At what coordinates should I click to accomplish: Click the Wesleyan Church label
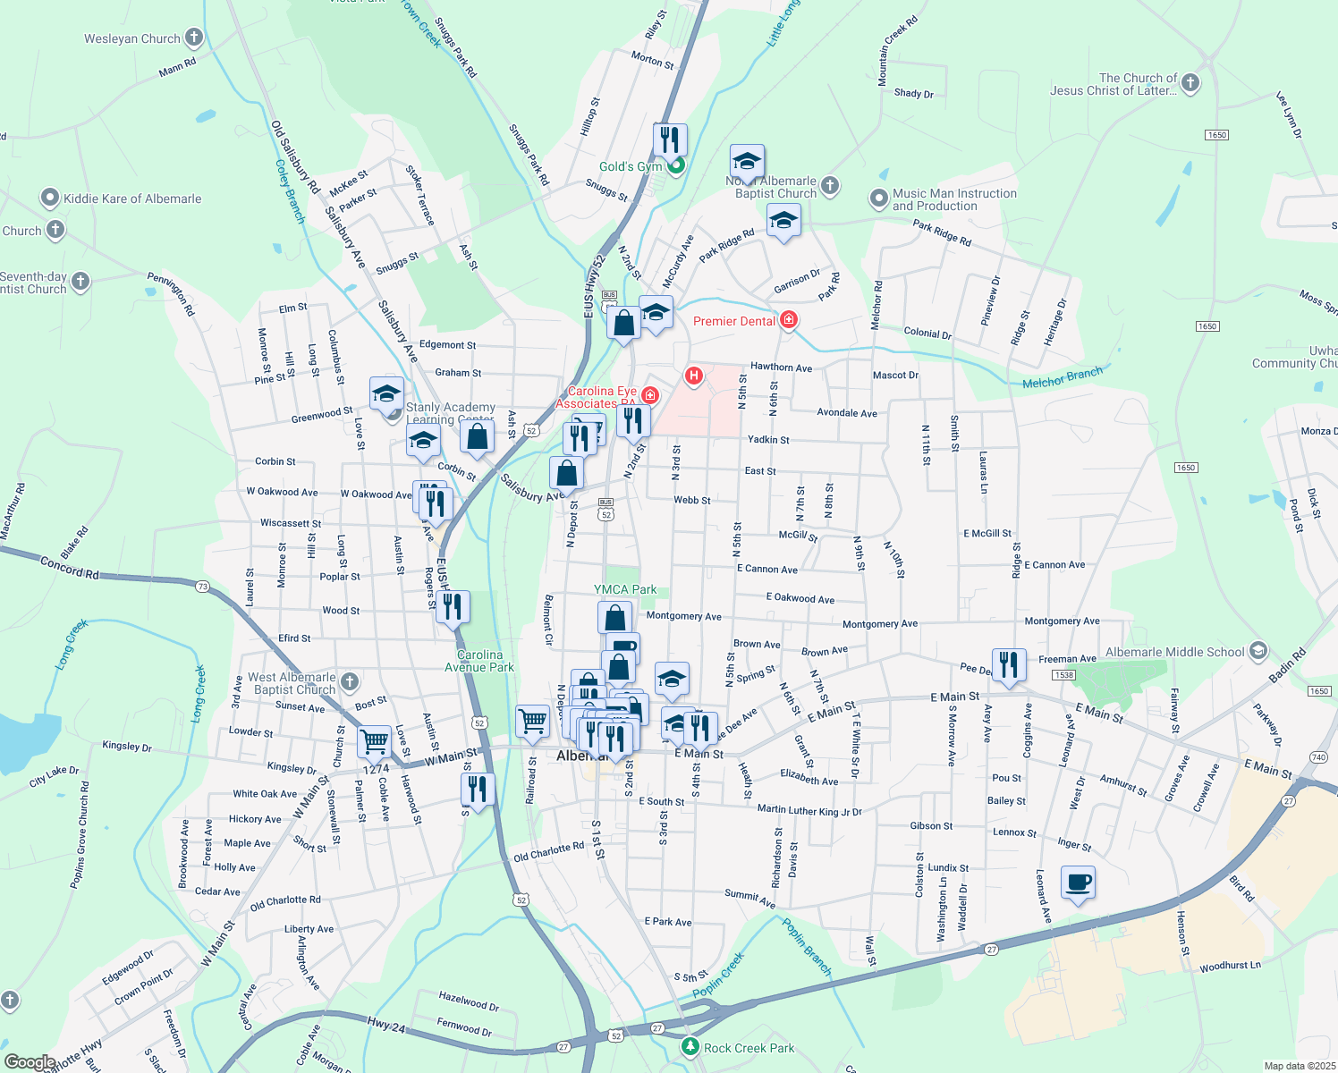132,38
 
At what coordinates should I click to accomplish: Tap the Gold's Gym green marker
677,165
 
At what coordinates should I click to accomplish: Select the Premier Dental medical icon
788,320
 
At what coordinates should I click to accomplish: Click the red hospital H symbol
693,376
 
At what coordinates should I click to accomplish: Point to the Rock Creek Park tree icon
690,1046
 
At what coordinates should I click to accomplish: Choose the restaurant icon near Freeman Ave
1008,665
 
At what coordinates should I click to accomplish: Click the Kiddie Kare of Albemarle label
132,199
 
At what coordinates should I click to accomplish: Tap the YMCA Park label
625,589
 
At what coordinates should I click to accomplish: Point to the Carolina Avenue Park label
479,661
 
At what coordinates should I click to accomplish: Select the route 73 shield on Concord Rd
203,587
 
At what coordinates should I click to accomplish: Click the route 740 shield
1317,757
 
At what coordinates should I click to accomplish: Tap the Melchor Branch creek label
1063,378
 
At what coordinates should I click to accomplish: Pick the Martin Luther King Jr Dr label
809,810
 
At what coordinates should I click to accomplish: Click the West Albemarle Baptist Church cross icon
350,682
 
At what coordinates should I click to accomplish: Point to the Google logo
30,1062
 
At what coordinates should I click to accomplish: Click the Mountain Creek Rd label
897,51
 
